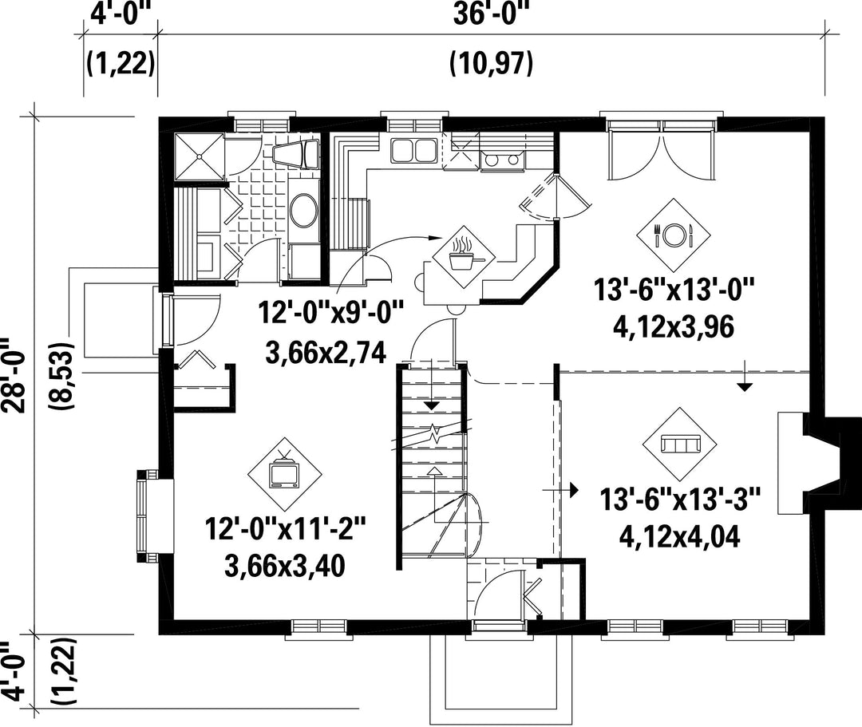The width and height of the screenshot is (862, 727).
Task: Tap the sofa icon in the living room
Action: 680,444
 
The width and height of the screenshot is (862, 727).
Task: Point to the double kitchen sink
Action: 413,150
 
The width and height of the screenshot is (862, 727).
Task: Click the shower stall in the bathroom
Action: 199,156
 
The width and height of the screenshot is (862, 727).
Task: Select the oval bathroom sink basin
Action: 303,210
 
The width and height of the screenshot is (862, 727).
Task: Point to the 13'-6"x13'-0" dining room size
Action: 673,289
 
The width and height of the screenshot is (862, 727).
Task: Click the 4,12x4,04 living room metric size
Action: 679,536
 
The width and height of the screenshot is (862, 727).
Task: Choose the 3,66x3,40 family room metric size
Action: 285,566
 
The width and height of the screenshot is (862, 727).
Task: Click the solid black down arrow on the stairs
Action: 432,405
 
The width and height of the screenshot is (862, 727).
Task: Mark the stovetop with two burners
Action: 500,160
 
